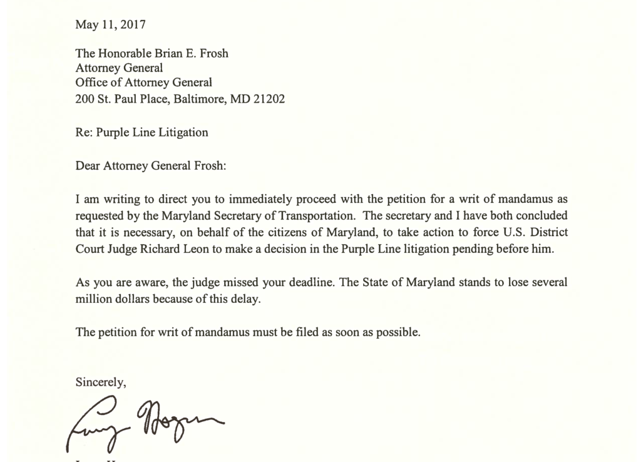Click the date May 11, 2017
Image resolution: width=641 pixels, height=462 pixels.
(110, 25)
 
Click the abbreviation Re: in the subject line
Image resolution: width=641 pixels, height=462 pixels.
(84, 133)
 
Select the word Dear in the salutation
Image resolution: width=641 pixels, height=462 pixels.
(87, 167)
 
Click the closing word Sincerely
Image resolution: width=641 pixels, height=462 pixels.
(101, 381)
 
